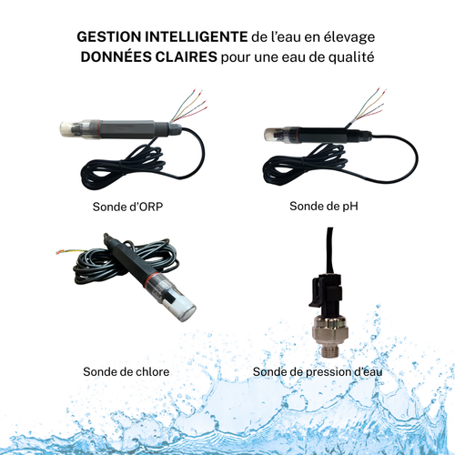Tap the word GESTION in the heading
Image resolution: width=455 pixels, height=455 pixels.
108,37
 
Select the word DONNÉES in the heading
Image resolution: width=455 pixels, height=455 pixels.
116,56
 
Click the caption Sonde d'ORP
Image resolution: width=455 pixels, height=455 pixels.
135,207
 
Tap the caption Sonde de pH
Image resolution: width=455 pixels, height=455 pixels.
324,207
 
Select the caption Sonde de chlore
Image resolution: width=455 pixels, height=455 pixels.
126,371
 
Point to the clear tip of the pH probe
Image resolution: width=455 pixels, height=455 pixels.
270,136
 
